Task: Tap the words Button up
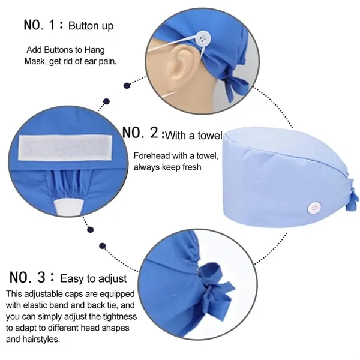pos(91,26)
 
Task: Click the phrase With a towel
pos(194,134)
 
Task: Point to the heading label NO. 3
pos(31,277)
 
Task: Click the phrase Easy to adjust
pos(94,278)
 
